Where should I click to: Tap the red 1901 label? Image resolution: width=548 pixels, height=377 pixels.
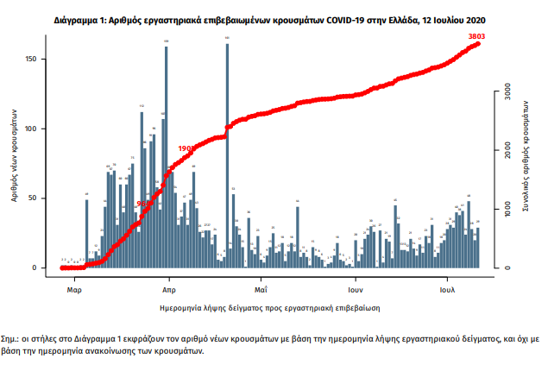coord(186,148)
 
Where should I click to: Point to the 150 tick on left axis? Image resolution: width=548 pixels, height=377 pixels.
coord(41,59)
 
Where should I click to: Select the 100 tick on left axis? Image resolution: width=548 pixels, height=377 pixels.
coord(41,129)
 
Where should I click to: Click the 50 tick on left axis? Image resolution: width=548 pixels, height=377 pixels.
coord(42,198)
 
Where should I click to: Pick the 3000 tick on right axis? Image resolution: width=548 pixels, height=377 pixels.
coord(507,90)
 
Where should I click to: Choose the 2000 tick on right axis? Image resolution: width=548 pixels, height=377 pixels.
coord(507,149)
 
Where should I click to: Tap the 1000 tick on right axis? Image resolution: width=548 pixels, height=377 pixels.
coord(507,209)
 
